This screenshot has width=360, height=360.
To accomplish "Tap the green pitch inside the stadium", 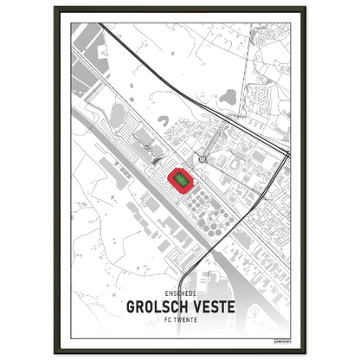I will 181,179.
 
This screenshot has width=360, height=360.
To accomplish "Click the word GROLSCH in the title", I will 157,306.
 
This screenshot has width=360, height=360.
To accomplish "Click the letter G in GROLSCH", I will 131,306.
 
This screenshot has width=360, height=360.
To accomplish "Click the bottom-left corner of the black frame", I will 55,352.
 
